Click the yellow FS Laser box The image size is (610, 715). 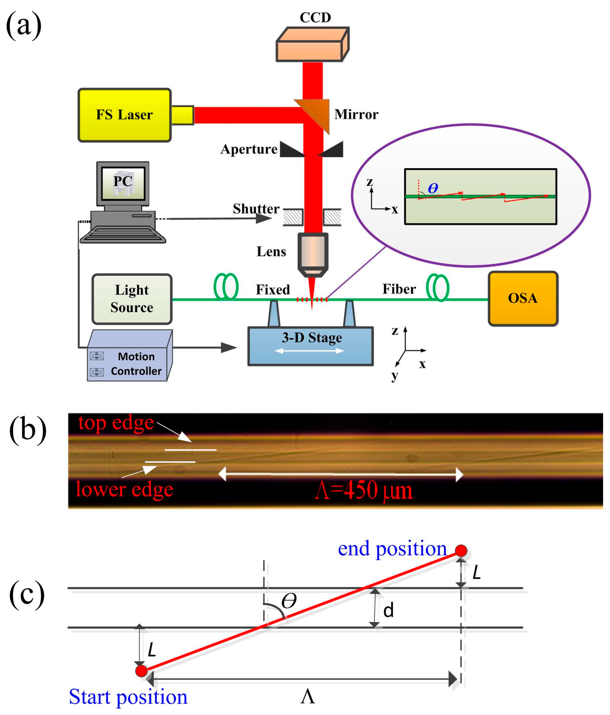coord(124,115)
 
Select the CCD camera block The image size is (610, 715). coord(312,44)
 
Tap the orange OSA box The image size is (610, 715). coord(523,298)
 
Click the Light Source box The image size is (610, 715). coord(132,299)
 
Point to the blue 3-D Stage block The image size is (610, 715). coord(310,346)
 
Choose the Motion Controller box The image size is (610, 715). coord(130,356)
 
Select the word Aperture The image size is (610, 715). coord(249,149)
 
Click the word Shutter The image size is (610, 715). coord(256,209)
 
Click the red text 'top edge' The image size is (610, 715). coord(116,423)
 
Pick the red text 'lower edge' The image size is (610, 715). coord(124,489)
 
